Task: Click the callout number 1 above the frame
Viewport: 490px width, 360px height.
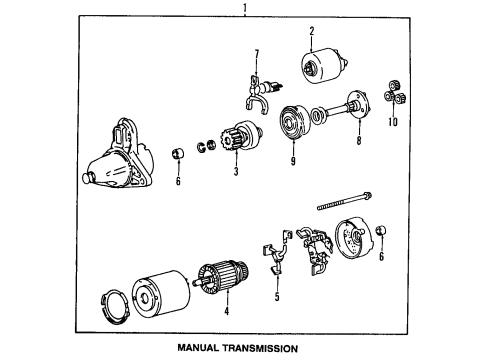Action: pos(245,7)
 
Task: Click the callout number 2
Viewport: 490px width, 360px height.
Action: pos(312,31)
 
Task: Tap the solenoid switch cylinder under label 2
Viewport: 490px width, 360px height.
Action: pos(324,66)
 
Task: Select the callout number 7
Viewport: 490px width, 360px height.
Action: pos(256,54)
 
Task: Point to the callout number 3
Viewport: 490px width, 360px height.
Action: pos(236,171)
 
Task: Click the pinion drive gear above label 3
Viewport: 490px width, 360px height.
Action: pos(242,136)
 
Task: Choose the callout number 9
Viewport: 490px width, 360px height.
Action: pos(293,161)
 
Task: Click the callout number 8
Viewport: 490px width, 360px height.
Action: pos(359,140)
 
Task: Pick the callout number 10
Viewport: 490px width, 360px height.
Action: pos(393,122)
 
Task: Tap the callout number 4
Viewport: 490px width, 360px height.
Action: pos(227,311)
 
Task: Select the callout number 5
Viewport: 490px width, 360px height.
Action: pos(277,297)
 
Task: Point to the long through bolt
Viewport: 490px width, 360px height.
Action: pos(345,201)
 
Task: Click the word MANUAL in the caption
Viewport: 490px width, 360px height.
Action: pos(198,348)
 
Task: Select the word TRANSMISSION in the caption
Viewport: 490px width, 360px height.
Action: pos(261,348)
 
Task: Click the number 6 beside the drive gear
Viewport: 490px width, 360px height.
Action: pos(178,181)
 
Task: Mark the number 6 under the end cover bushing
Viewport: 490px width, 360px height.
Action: pos(382,256)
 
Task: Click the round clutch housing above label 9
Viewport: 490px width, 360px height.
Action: pos(294,120)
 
